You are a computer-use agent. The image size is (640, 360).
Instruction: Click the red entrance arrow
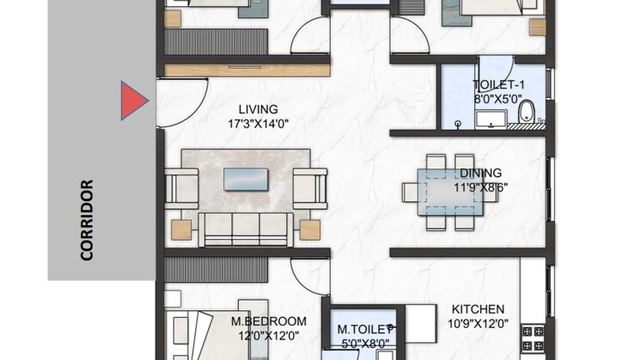click(x=134, y=101)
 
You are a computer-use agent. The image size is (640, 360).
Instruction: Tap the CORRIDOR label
click(x=87, y=220)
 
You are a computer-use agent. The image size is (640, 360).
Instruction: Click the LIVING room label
click(x=258, y=109)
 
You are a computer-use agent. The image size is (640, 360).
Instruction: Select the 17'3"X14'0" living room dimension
click(x=258, y=124)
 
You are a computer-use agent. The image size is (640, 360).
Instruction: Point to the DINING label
click(x=481, y=173)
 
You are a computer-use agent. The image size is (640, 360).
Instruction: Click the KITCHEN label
click(x=478, y=309)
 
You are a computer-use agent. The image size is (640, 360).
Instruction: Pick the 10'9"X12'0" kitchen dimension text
click(x=478, y=324)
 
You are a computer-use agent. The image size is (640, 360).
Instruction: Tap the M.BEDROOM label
click(x=269, y=321)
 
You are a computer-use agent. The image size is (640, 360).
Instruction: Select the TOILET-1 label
click(x=498, y=85)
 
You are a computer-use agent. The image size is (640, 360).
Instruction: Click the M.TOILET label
click(x=364, y=329)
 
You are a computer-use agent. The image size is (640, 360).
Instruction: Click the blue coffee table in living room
click(x=246, y=180)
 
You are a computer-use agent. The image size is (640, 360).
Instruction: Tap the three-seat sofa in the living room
click(x=246, y=229)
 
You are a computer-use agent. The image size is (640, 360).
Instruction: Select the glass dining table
click(x=450, y=192)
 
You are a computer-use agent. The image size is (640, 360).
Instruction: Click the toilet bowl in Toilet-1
click(x=527, y=111)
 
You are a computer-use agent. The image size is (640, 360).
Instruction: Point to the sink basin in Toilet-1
click(x=491, y=119)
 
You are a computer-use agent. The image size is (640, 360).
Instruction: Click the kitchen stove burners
click(x=533, y=338)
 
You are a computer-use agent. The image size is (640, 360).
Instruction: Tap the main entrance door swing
click(x=192, y=111)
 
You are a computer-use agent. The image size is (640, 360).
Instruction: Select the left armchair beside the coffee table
click(x=181, y=189)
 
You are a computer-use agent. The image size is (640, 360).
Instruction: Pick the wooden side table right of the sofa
click(x=310, y=229)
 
